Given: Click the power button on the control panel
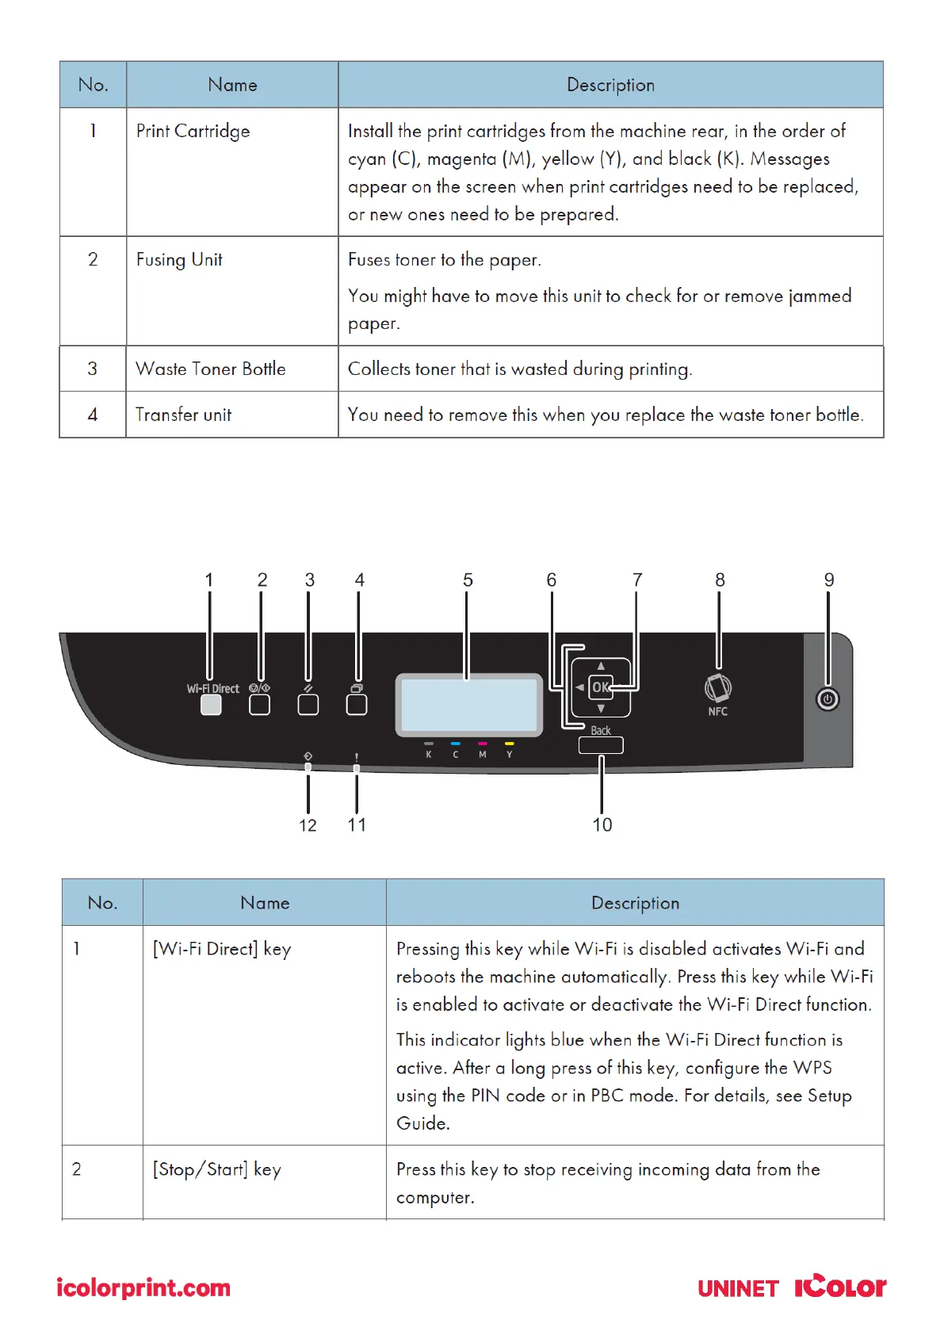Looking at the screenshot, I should coord(827,699).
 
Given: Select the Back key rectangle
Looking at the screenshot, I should coord(601,745).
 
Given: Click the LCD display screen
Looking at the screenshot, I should coord(469,705).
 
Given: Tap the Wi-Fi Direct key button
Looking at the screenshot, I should coord(211,704).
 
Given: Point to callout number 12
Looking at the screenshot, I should coord(308,825).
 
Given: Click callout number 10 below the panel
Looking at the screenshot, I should coord(602,825).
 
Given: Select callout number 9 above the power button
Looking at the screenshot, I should coord(829,580).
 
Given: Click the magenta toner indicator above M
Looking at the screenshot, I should coord(482,744).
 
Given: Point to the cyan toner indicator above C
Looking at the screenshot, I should coord(456,744).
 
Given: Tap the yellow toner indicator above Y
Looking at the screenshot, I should coord(509,744).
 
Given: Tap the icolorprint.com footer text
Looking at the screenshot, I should coord(143,1288).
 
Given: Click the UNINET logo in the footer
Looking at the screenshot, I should coord(738,1289).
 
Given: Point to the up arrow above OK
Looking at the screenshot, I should coord(601,666).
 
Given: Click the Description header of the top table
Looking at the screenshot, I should coord(610,85).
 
